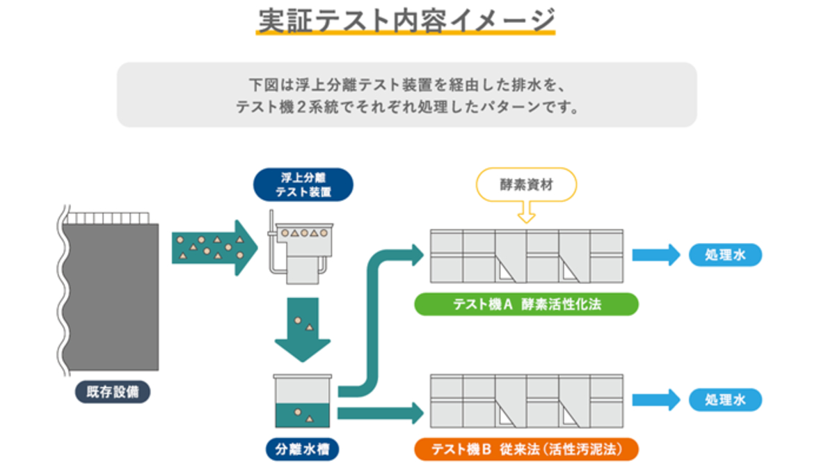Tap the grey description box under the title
pyautogui.click(x=406, y=95)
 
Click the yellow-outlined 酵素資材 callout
pyautogui.click(x=526, y=184)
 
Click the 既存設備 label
pyautogui.click(x=113, y=392)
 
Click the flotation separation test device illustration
pyautogui.click(x=301, y=251)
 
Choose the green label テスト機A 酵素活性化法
pyautogui.click(x=526, y=305)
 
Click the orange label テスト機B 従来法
pyautogui.click(x=526, y=449)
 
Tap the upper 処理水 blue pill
pyautogui.click(x=725, y=256)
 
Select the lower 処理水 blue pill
pyautogui.click(x=725, y=400)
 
